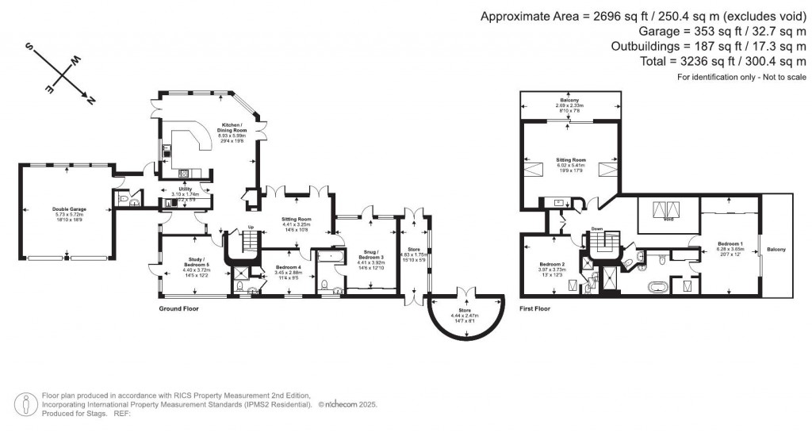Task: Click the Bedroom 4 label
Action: coord(278,268)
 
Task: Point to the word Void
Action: coord(668,220)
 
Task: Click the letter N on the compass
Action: coord(90,101)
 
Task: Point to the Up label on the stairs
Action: coord(251,227)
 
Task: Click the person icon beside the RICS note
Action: coord(28,403)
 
